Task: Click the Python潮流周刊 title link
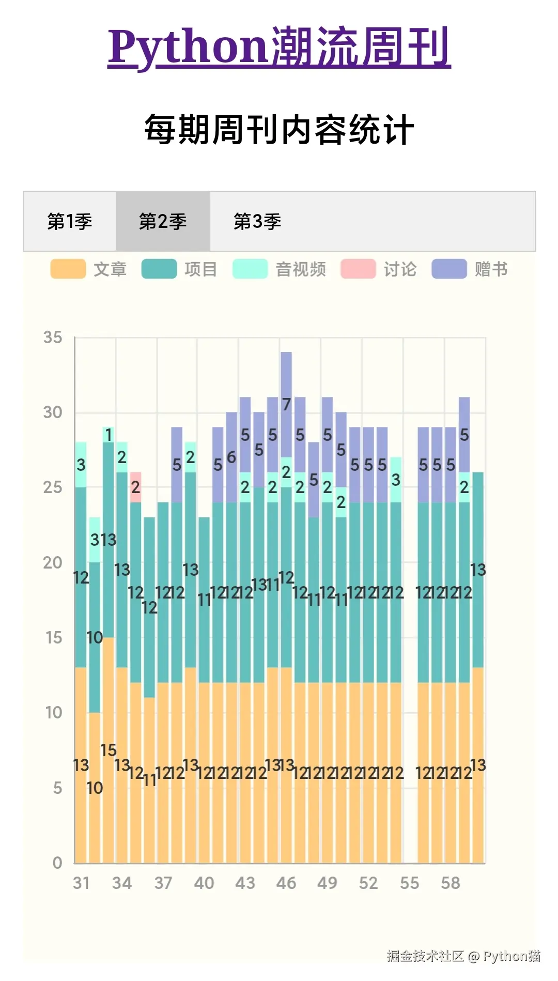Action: click(279, 48)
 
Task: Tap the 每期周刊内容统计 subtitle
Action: click(279, 130)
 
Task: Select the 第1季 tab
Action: click(70, 221)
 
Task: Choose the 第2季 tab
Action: click(163, 221)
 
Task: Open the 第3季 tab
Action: click(257, 221)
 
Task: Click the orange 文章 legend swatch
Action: click(68, 269)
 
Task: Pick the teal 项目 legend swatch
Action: click(159, 269)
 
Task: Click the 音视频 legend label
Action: click(301, 269)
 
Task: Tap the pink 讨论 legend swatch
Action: click(358, 269)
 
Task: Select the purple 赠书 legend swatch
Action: click(449, 269)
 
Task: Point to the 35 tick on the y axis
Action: click(53, 338)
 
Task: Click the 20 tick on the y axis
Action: click(53, 562)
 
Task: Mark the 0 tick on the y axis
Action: click(57, 862)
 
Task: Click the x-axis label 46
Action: click(286, 883)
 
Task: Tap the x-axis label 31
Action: click(81, 883)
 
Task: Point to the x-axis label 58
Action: click(450, 883)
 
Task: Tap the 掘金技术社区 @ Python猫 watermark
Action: click(463, 956)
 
